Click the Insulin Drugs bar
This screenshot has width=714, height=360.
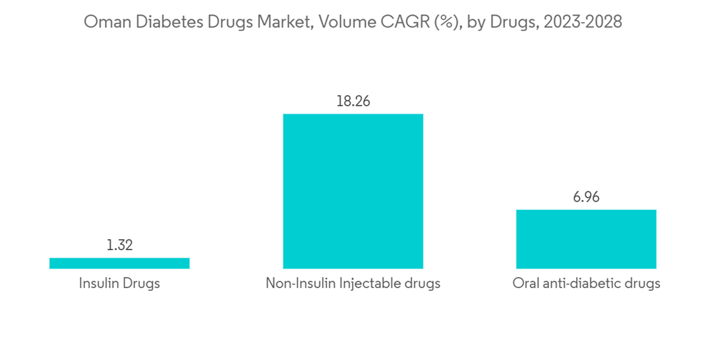pos(119,263)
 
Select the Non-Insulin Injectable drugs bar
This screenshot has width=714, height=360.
pos(353,191)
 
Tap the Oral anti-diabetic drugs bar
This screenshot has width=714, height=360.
pos(586,239)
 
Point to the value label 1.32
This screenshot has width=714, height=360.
pos(119,246)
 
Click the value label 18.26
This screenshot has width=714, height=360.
pos(353,101)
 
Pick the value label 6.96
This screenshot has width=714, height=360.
pos(586,197)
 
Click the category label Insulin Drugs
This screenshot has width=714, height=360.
pos(119,284)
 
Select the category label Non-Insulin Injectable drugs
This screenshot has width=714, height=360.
pos(353,284)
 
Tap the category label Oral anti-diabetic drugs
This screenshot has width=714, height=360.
pos(586,284)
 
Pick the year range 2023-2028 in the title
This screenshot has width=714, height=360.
pos(582,23)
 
